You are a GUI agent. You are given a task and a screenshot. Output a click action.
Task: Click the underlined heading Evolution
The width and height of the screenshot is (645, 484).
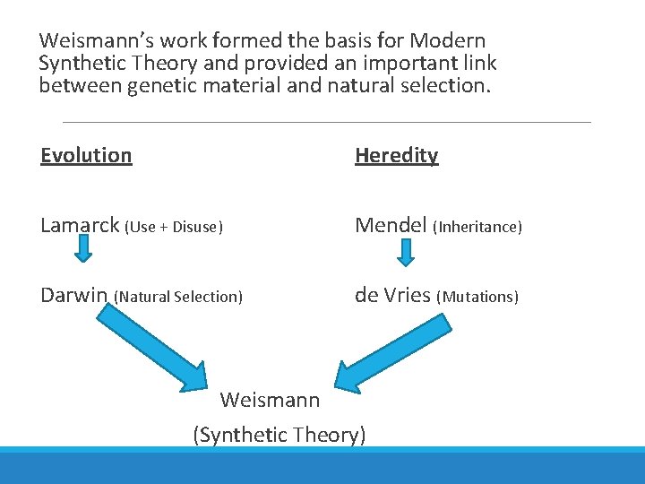pos(86,155)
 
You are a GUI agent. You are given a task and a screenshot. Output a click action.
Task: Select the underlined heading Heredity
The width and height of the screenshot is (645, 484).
pos(396,155)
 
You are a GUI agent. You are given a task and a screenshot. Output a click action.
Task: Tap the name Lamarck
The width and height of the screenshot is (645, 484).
pos(80,225)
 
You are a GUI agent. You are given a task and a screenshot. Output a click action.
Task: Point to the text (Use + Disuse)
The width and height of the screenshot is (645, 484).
pos(173,227)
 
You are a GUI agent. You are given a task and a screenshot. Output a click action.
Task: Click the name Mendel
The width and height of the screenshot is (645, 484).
pos(391,225)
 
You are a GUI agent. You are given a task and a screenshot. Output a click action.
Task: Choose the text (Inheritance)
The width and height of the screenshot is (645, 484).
pos(477,227)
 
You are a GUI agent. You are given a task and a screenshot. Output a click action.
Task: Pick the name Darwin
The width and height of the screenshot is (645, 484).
pos(74,295)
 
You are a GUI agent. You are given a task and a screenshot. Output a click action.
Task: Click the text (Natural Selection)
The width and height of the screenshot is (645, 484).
pos(178,297)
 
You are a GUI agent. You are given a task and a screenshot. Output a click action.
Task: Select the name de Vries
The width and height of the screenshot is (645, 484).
pos(392,295)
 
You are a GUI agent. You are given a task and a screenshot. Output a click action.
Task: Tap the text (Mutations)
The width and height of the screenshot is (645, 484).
pos(477,297)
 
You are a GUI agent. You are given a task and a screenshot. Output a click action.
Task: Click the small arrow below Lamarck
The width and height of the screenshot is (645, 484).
pos(82,249)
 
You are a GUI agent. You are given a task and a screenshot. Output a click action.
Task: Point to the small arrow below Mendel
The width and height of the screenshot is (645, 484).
pos(405,253)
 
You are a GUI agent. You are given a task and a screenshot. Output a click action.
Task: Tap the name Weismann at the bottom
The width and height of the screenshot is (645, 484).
pos(269,399)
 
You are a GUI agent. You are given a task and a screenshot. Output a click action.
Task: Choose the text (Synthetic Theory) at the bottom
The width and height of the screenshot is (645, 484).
pos(279,435)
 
